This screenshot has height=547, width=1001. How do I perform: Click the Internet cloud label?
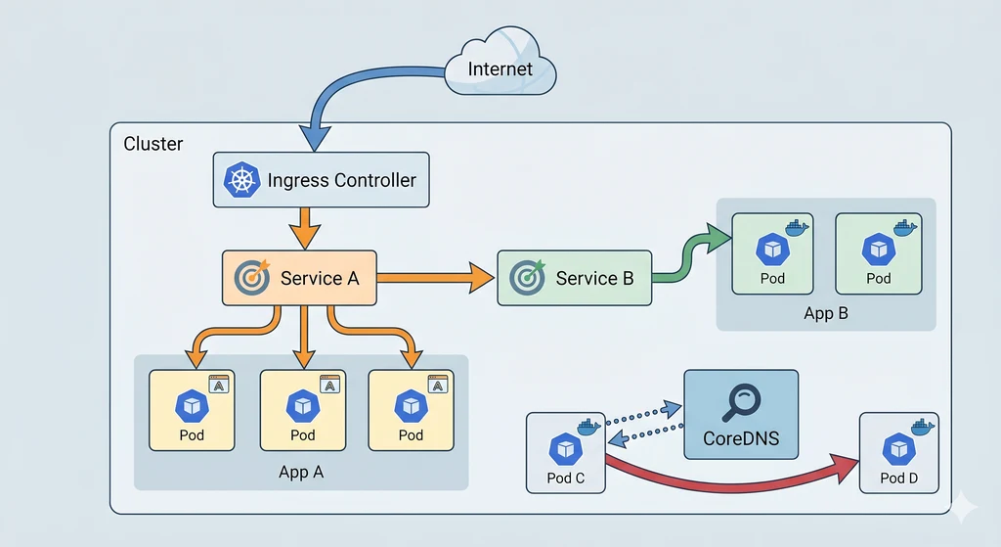point(500,68)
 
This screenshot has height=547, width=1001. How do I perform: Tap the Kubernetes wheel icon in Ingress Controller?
point(240,180)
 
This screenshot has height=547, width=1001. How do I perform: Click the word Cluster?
point(153,144)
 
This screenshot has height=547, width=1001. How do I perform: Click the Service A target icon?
point(252,277)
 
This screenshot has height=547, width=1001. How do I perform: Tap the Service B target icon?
point(528,277)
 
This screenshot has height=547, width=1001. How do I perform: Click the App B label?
point(825,313)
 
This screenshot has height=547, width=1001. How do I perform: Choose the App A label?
point(301,472)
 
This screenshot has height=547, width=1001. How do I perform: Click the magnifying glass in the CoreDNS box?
point(741,400)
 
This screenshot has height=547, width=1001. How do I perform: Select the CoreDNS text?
point(741,437)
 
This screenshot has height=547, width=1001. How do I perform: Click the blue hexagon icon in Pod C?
point(566,449)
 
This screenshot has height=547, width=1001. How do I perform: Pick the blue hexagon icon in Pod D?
point(897,449)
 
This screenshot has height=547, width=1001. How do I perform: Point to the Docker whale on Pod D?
point(923,426)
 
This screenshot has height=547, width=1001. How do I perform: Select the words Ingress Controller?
point(341,180)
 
